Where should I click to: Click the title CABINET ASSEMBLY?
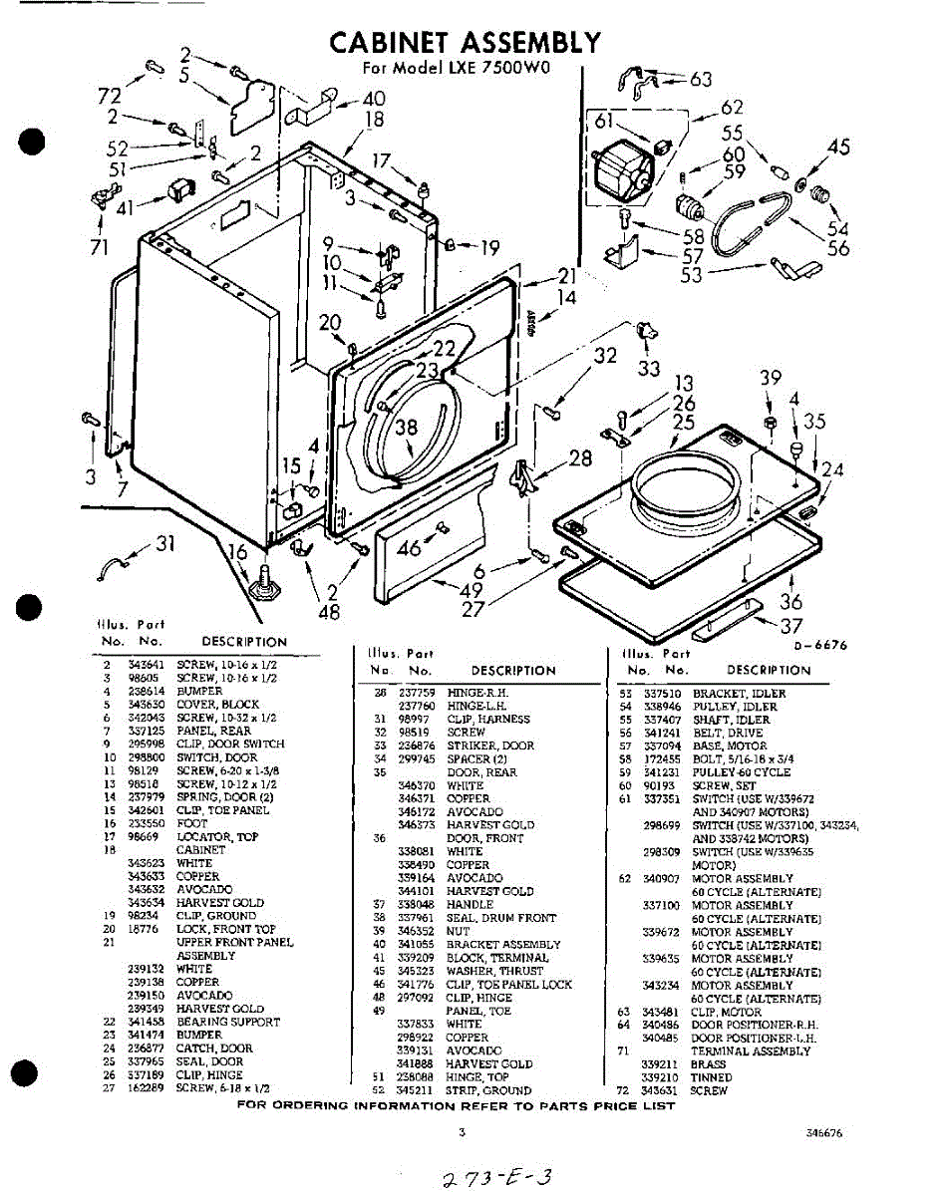pyautogui.click(x=466, y=42)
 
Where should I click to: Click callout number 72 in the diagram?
pyautogui.click(x=109, y=96)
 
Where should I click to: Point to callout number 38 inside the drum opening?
pyautogui.click(x=405, y=429)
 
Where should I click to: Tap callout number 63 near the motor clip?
pyautogui.click(x=701, y=79)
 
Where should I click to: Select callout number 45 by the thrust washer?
pyautogui.click(x=838, y=148)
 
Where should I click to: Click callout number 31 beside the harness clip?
pyautogui.click(x=164, y=543)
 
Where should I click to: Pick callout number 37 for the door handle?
pyautogui.click(x=791, y=625)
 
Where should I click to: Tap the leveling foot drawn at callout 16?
pyautogui.click(x=265, y=581)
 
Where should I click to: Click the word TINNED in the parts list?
pyautogui.click(x=713, y=1077)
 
